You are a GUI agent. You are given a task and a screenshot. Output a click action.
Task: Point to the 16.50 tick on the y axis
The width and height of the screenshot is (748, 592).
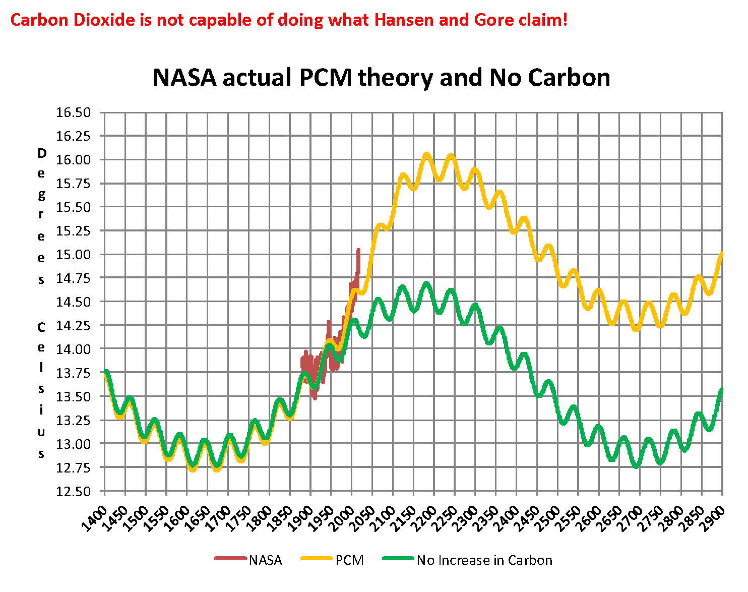tap(74, 112)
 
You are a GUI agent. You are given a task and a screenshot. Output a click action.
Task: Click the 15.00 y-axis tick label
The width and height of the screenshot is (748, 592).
tap(74, 255)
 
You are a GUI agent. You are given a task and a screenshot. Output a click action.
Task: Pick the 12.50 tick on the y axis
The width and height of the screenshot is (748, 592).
tap(74, 491)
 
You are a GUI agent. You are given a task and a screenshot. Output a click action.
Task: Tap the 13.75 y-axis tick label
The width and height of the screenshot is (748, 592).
tap(74, 373)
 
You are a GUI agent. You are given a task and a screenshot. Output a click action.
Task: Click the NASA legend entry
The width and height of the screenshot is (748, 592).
tap(265, 560)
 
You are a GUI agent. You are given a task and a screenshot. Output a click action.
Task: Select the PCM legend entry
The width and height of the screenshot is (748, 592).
tap(349, 560)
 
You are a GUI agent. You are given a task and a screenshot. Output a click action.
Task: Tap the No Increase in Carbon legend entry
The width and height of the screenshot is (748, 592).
tap(484, 560)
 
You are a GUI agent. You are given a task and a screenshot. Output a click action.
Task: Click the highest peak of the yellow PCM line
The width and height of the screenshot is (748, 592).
tap(426, 154)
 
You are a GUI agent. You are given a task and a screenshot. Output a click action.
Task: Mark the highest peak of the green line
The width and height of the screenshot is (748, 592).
tap(427, 284)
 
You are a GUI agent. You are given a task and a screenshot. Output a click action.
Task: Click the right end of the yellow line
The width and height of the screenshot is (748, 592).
tap(722, 254)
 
